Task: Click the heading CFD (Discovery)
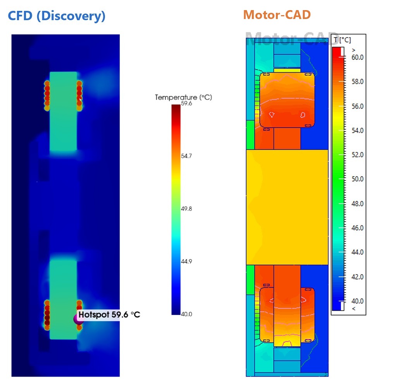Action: [x=57, y=16]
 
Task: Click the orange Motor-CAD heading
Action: [x=277, y=15]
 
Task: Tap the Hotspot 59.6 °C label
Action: [x=109, y=315]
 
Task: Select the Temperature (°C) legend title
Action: [x=183, y=97]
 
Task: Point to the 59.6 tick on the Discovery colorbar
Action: [x=186, y=104]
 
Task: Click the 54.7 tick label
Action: [x=186, y=156]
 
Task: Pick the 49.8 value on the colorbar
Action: [x=186, y=209]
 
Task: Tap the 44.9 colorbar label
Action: [x=186, y=261]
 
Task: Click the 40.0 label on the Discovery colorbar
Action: [x=186, y=314]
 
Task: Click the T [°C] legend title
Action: [x=342, y=40]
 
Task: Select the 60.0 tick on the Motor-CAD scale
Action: [x=358, y=57]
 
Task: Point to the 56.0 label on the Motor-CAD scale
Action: [x=358, y=106]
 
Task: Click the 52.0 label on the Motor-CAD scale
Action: [x=358, y=155]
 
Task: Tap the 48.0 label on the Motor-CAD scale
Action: [x=358, y=204]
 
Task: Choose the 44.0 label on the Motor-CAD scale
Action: [x=358, y=252]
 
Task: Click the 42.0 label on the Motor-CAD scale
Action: [x=358, y=277]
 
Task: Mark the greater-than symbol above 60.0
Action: [x=353, y=50]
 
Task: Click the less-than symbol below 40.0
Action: [x=353, y=309]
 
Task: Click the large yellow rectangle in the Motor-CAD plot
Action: [x=287, y=207]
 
